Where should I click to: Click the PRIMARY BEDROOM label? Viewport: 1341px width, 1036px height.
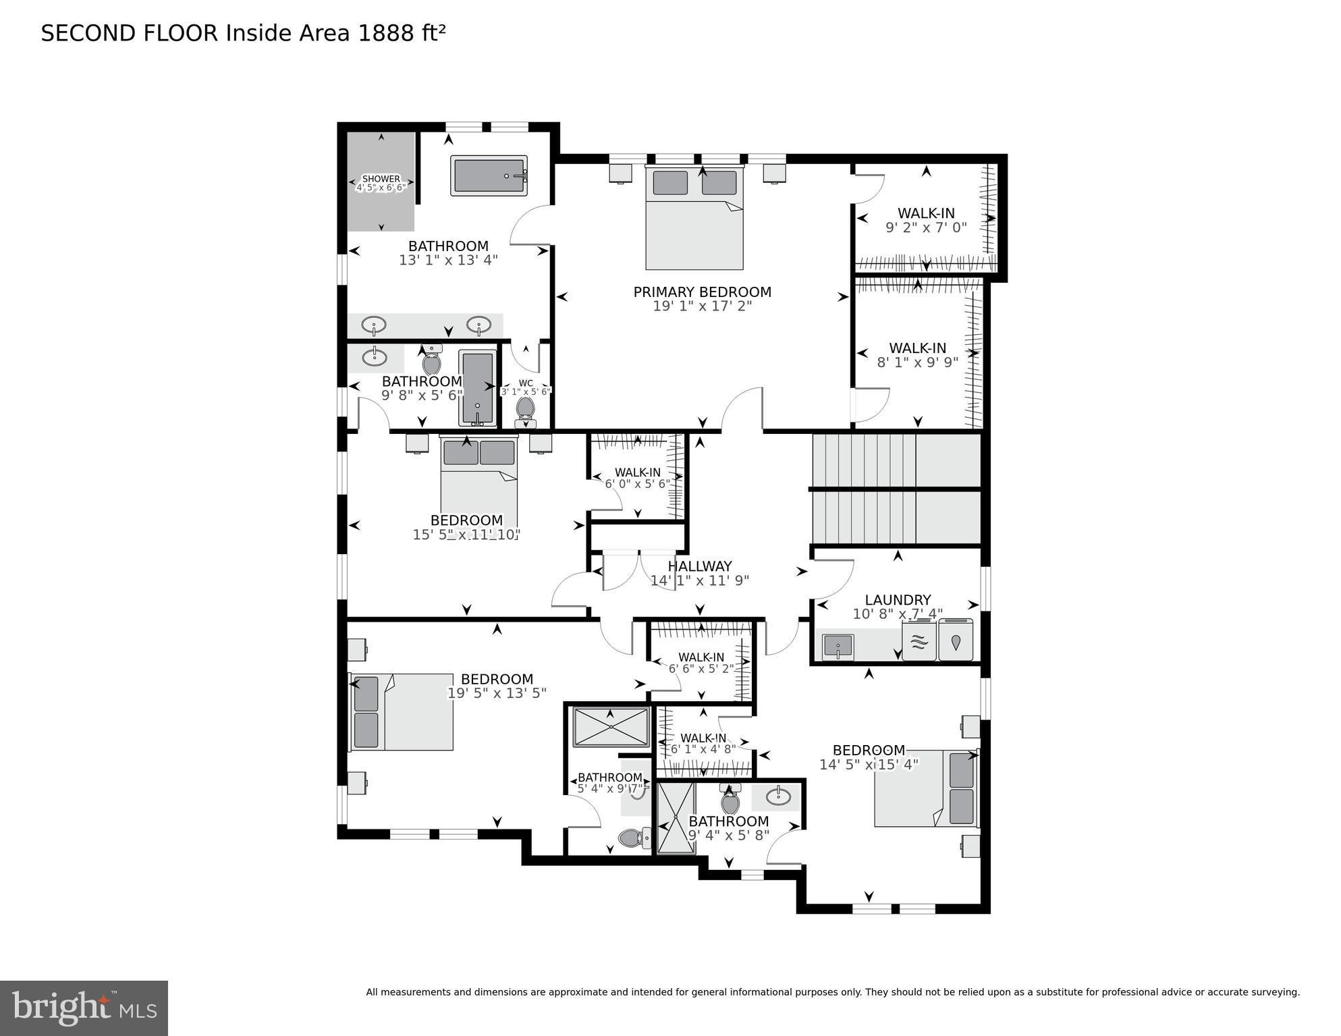(x=702, y=292)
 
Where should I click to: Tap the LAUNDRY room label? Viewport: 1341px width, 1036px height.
(x=898, y=600)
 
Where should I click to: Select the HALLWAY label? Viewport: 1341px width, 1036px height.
(x=700, y=567)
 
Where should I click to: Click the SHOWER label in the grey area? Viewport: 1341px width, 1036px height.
(x=381, y=179)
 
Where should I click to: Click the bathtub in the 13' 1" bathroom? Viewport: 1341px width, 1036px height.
(x=489, y=176)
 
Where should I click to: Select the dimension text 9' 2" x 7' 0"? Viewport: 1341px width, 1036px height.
(x=926, y=228)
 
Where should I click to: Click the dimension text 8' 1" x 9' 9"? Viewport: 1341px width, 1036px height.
(x=917, y=362)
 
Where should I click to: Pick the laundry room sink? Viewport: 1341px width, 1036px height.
(x=838, y=647)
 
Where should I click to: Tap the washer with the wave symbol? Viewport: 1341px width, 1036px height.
(x=919, y=641)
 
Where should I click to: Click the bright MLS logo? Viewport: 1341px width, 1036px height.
(x=84, y=1008)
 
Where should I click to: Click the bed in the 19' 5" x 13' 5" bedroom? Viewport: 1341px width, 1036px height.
(x=401, y=711)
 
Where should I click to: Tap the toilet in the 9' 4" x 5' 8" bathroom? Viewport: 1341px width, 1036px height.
(x=730, y=800)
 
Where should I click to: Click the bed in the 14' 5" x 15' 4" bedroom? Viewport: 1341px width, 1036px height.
(x=926, y=788)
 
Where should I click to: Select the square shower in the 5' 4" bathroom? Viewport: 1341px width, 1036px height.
(x=611, y=727)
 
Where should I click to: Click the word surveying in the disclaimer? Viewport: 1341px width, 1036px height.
(x=1274, y=992)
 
